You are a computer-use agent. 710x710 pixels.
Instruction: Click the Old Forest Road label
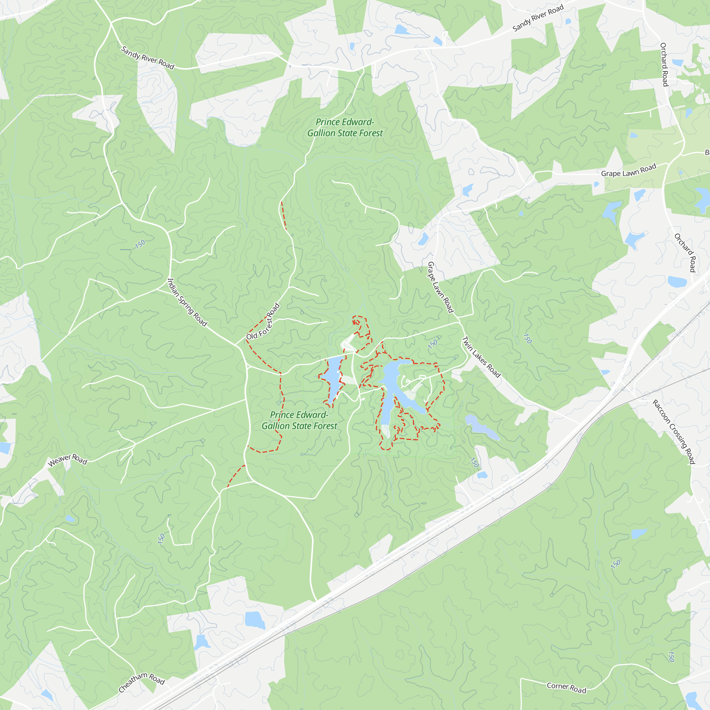pos(263,322)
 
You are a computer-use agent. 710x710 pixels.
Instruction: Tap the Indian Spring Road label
pos(187,302)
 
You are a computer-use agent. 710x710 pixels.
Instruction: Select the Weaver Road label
pos(67,460)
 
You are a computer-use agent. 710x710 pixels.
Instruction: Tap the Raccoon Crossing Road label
pos(674,432)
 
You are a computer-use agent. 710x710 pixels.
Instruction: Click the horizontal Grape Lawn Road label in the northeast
pos(628,170)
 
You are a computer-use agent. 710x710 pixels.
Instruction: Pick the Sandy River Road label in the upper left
pos(147,58)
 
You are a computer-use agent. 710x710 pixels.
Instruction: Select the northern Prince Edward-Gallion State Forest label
pos(345,127)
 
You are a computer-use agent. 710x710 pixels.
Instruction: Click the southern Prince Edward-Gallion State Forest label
pos(299,420)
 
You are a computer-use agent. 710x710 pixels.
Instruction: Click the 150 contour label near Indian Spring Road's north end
pos(140,244)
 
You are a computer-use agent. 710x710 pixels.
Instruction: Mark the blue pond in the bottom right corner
pos(692,699)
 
